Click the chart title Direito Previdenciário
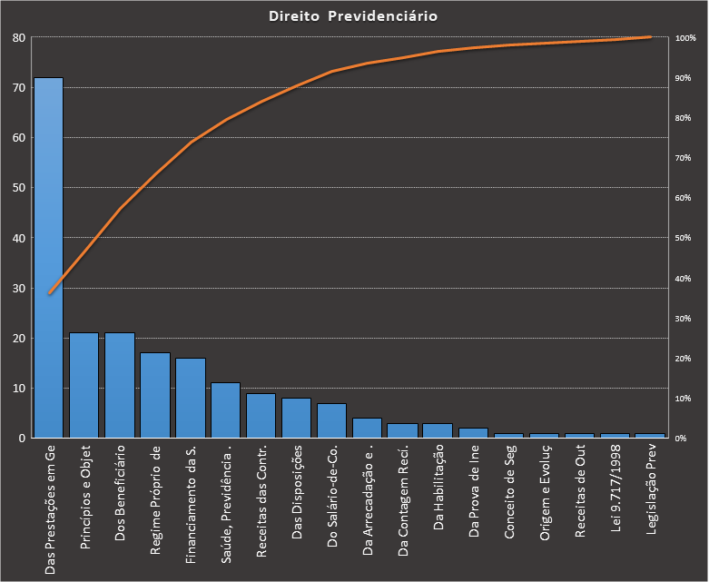pyautogui.click(x=354, y=16)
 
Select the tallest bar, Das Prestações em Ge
pyautogui.click(x=48, y=258)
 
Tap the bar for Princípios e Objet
pyautogui.click(x=84, y=385)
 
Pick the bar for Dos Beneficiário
pyautogui.click(x=119, y=385)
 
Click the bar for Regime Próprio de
pyautogui.click(x=154, y=395)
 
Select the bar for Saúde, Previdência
pyautogui.click(x=225, y=410)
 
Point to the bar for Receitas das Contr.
pyautogui.click(x=261, y=415)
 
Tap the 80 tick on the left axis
pyautogui.click(x=18, y=38)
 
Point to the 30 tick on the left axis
pyautogui.click(x=18, y=288)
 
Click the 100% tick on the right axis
pyautogui.click(x=685, y=38)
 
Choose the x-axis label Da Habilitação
pyautogui.click(x=438, y=490)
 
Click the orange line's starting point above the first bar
pyautogui.click(x=50, y=293)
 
